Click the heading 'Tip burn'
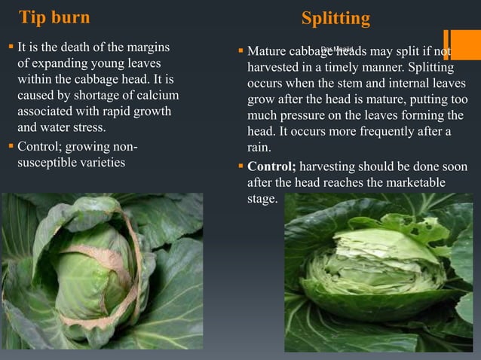54,17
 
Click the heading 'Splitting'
335,18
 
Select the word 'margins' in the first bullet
144,47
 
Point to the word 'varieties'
100,162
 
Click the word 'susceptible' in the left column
46,162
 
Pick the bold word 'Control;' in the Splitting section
271,166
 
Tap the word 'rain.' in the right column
259,148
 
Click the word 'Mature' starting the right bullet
266,52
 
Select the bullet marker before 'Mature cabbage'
240,52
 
